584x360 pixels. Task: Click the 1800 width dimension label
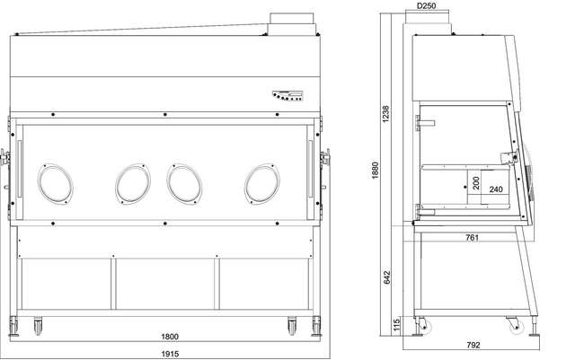tap(170, 337)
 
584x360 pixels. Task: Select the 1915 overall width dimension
tap(170, 354)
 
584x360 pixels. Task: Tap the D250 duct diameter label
tap(426, 5)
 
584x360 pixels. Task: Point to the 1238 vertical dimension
tap(385, 113)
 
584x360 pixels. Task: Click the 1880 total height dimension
tap(375, 170)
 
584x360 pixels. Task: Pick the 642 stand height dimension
tap(387, 277)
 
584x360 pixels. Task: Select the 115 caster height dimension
tap(396, 324)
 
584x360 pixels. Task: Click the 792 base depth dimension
tap(473, 345)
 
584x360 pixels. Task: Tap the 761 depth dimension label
tap(472, 237)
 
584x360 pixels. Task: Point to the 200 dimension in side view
tap(475, 183)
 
